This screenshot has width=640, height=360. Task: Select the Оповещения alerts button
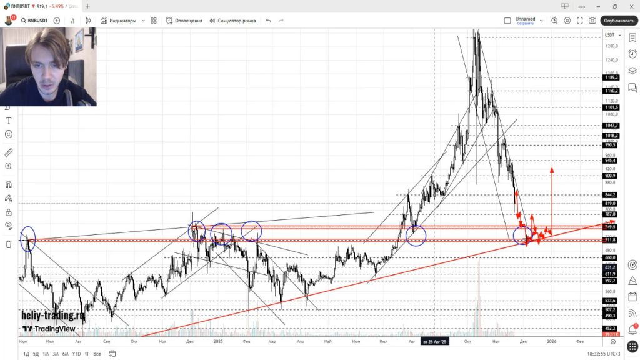(184, 21)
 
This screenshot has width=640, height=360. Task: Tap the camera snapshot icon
(592, 21)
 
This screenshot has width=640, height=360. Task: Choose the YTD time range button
(76, 354)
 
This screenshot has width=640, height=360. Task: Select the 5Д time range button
(35, 354)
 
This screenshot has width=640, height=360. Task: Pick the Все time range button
(97, 354)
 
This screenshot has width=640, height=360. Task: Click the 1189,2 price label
(611, 78)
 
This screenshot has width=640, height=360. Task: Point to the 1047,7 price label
(611, 126)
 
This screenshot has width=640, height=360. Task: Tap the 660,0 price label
(611, 257)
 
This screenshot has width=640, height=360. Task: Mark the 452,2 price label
(611, 329)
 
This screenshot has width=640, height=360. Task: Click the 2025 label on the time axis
(218, 342)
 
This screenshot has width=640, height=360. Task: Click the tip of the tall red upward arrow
(552, 168)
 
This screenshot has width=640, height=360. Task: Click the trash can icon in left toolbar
(9, 244)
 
